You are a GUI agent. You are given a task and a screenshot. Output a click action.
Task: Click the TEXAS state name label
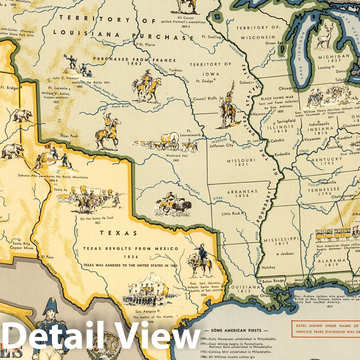[x=118, y=233]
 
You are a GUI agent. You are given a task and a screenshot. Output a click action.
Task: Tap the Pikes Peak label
[x=69, y=136]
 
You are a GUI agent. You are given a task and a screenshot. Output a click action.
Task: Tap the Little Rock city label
[x=231, y=213]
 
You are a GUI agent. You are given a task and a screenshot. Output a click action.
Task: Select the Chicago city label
[x=285, y=88]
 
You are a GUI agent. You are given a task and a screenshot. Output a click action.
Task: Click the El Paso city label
[x=47, y=257]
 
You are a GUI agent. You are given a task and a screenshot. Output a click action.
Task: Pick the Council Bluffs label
[x=205, y=99]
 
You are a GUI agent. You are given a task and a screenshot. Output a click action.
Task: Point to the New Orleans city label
[x=262, y=296]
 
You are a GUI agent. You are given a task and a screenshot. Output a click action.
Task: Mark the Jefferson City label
[x=221, y=145]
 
